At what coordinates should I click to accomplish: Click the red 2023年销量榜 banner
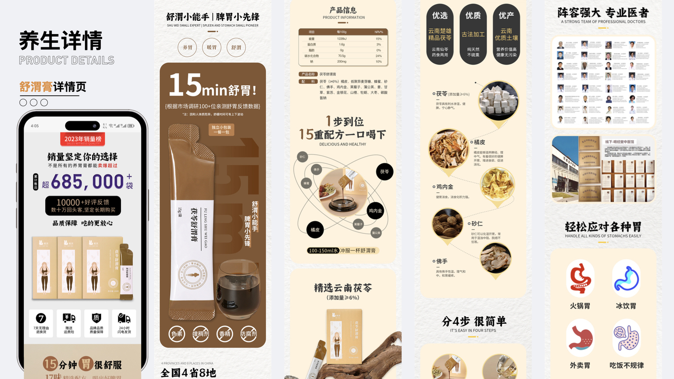click(x=83, y=139)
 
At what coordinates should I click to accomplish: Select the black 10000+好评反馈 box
click(x=83, y=206)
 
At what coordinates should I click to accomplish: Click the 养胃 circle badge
click(x=187, y=48)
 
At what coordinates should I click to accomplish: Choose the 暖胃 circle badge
click(x=212, y=48)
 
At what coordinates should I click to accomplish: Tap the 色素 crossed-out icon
click(x=177, y=334)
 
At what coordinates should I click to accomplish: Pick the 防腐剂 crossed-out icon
click(x=249, y=334)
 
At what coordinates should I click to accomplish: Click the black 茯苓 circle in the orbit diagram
click(x=384, y=172)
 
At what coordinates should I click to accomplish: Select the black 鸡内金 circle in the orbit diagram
click(x=375, y=211)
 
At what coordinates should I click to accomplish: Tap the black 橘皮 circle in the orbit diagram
click(x=315, y=230)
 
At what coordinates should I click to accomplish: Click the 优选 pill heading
click(x=440, y=16)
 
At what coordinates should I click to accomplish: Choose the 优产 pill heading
click(x=506, y=16)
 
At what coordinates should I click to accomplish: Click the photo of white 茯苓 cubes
click(x=498, y=101)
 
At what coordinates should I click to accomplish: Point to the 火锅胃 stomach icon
click(x=580, y=278)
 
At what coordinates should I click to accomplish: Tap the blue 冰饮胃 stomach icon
click(x=626, y=278)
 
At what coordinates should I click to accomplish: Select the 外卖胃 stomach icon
click(x=580, y=339)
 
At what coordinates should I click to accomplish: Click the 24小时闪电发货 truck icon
click(x=124, y=318)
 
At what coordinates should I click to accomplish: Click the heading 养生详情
click(x=61, y=40)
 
